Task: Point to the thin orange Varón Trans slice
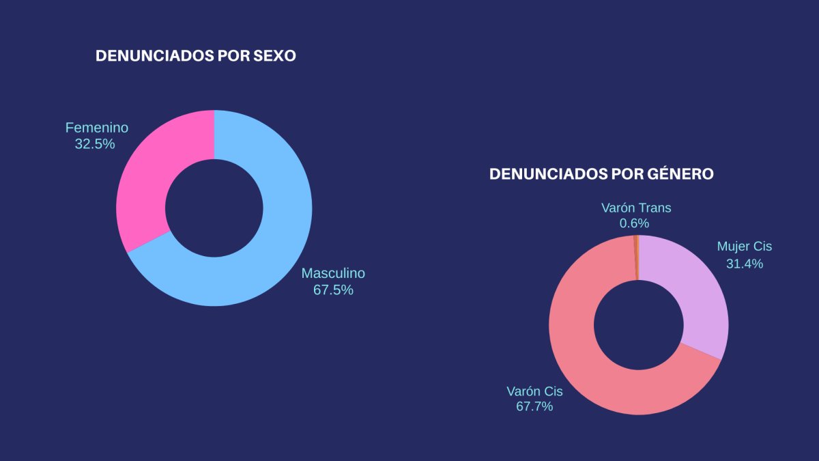[x=636, y=257]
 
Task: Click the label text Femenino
[x=96, y=128]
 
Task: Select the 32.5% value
[x=95, y=144]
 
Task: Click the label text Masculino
[x=333, y=273]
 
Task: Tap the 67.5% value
[x=333, y=290]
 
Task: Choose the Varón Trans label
[x=636, y=208]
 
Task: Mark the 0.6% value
[x=634, y=223]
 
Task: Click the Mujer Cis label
[x=744, y=247]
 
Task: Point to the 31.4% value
[x=744, y=264]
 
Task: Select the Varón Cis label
[x=534, y=391]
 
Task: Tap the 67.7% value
[x=534, y=407]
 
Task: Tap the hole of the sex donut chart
[x=214, y=208]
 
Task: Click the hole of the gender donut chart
[x=638, y=325]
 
